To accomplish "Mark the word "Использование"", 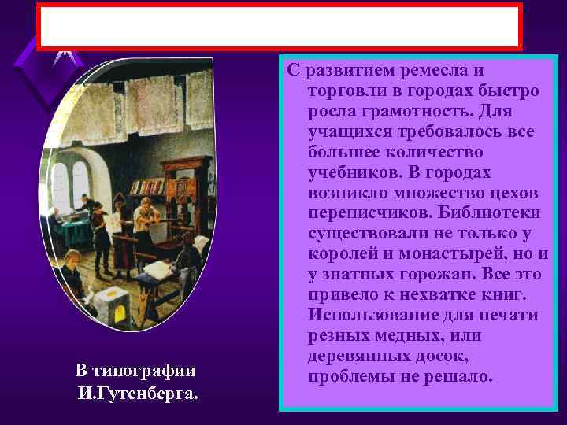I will [374, 316].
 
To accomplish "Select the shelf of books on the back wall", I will [145, 187].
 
